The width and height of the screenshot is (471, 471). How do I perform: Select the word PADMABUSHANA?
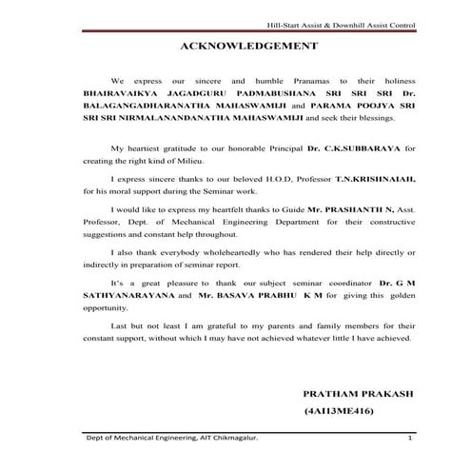(245, 96)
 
